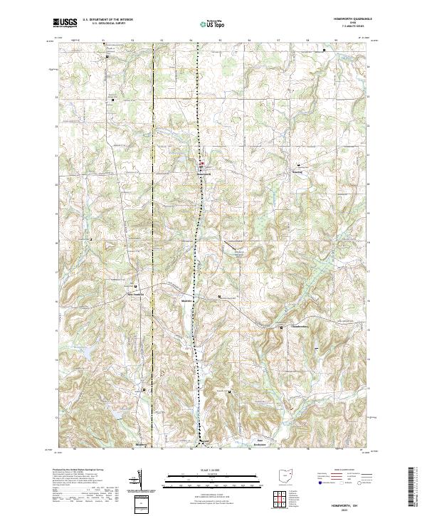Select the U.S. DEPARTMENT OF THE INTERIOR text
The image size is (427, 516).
click(108, 20)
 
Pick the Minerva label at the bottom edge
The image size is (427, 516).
click(142, 446)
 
